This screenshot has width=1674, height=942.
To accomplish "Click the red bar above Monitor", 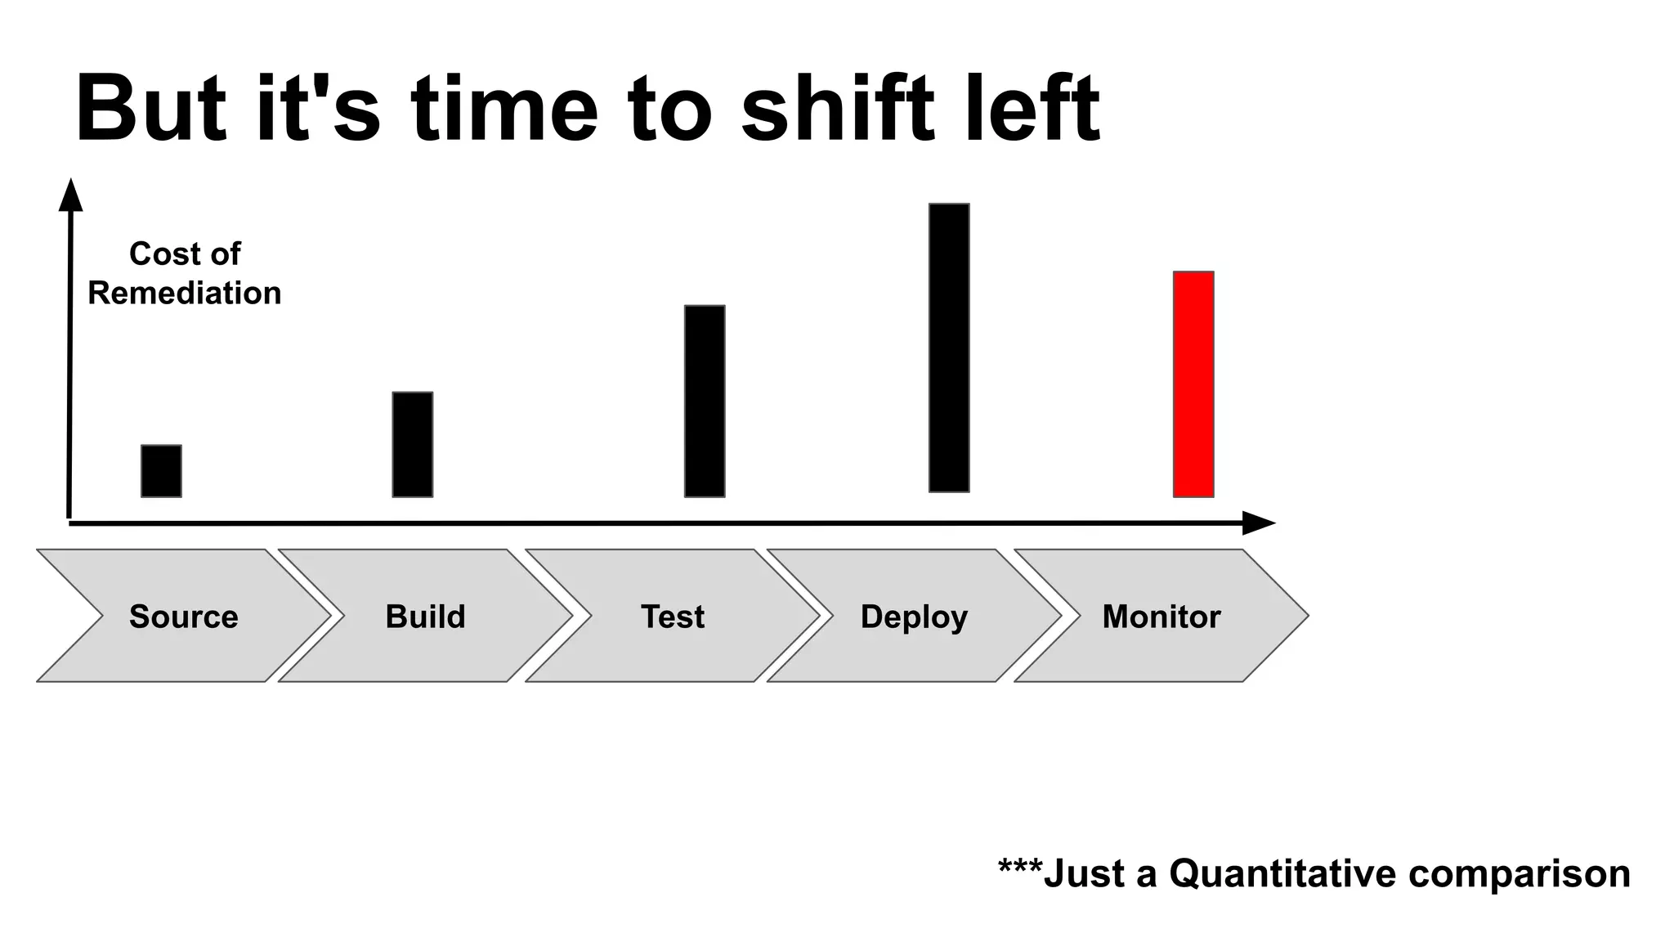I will click(1193, 384).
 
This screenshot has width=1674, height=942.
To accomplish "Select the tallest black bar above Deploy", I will click(949, 348).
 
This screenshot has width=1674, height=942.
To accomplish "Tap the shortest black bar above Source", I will click(161, 471).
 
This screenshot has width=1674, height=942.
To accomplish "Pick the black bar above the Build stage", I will click(413, 444).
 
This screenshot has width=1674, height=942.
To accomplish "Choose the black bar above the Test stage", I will click(705, 401).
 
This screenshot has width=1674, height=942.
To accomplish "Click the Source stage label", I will click(184, 617).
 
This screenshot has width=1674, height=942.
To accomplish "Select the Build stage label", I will click(425, 617).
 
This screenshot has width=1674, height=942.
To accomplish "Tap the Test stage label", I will click(672, 617).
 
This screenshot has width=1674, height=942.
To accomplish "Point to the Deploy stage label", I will click(914, 617).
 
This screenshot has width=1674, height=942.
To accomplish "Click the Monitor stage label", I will click(1161, 617).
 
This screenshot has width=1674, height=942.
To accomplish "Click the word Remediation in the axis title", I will click(185, 293).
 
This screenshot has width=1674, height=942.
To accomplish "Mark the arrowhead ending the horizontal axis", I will click(1259, 523).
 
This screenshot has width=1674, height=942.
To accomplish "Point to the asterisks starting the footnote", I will click(1020, 867).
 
